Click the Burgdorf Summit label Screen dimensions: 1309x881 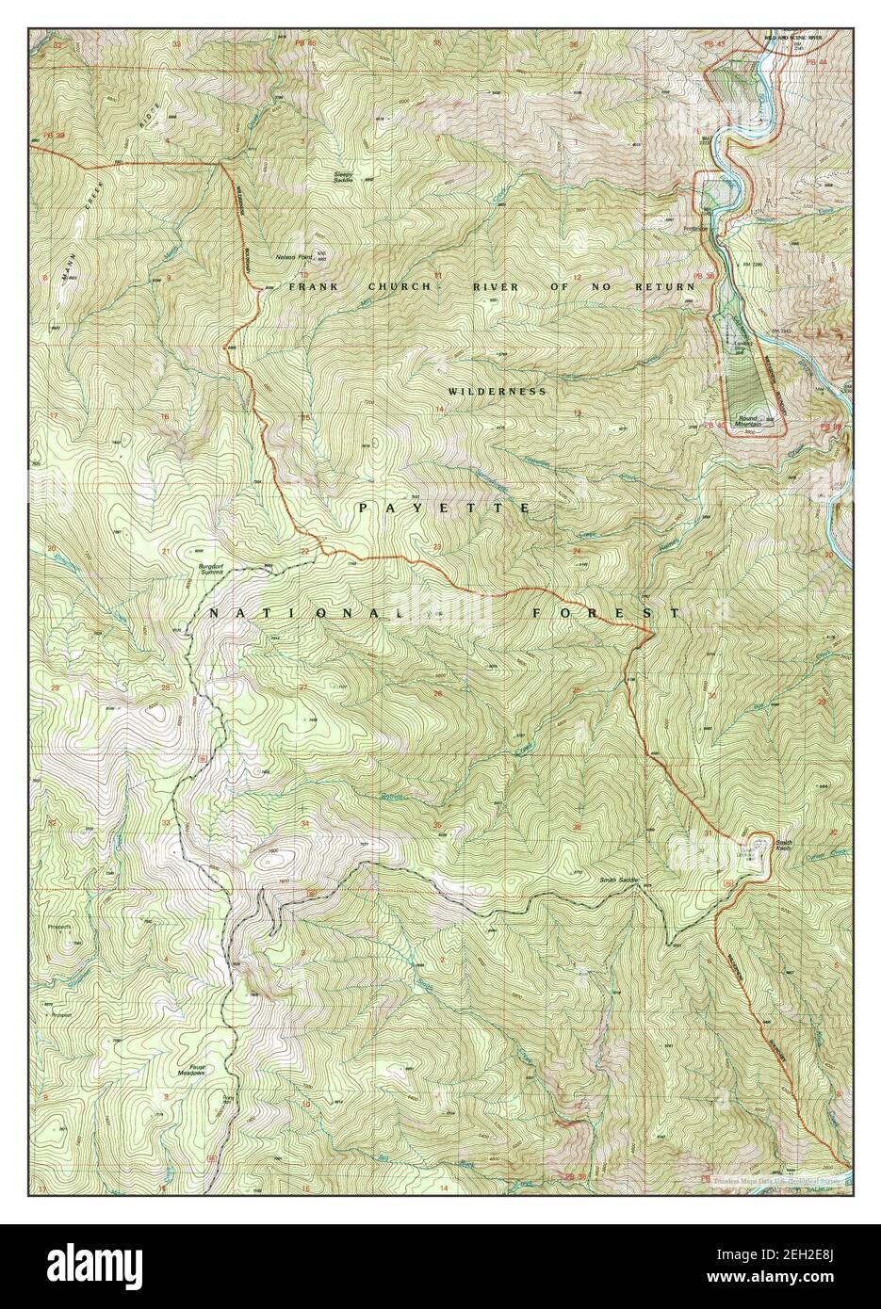210,568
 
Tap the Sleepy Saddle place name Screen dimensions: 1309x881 349,176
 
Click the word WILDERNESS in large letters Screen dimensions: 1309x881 497,390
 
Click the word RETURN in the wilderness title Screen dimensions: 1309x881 673,286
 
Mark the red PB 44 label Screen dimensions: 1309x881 817,62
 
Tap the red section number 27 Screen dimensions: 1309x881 303,688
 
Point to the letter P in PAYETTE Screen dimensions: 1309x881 364,508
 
